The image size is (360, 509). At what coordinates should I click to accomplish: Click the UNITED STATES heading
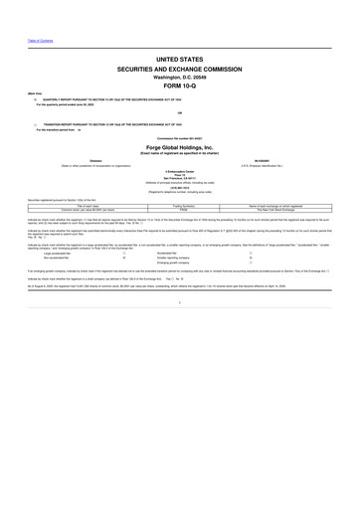click(179, 60)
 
